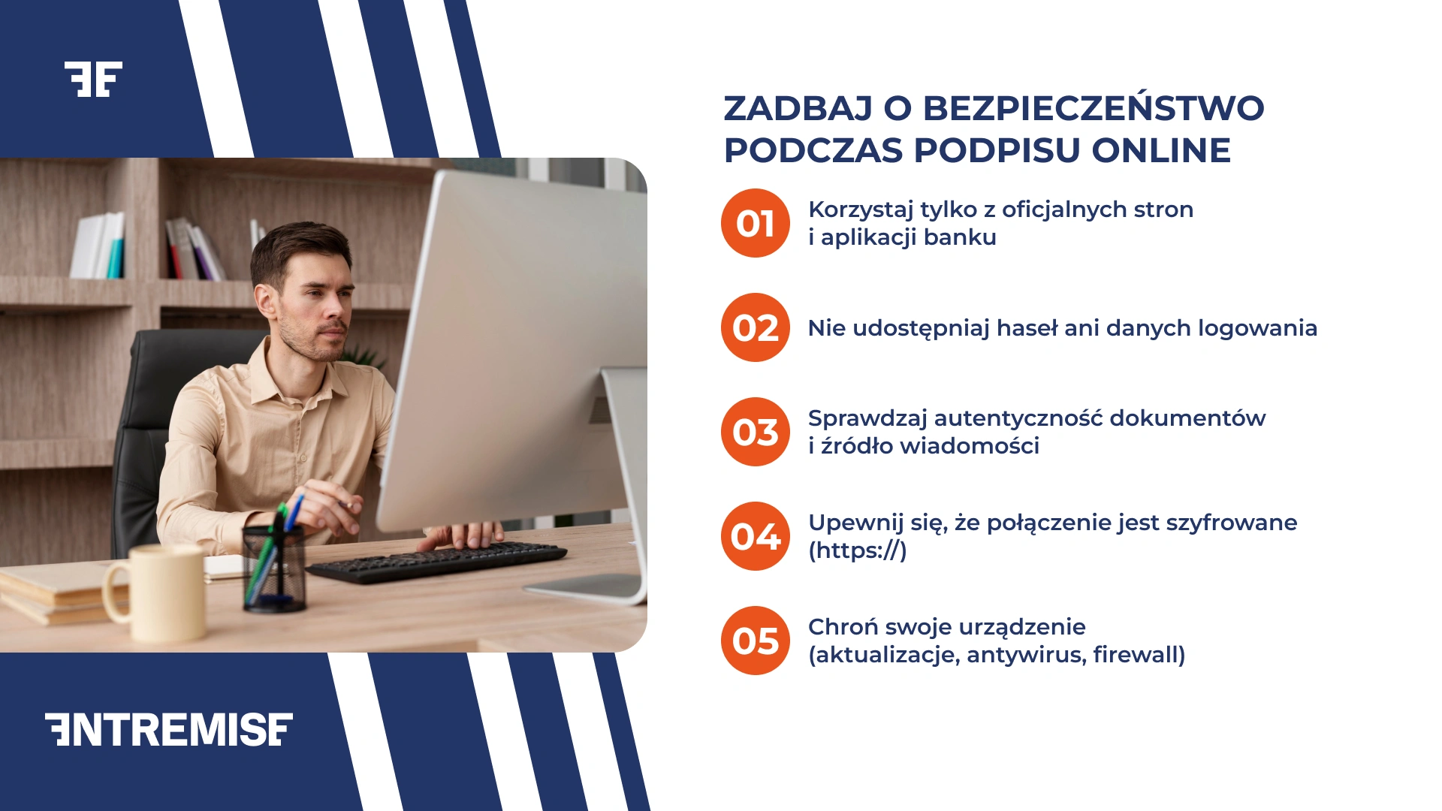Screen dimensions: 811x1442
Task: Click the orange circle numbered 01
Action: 755,223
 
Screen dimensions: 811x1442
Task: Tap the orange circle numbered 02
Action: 755,327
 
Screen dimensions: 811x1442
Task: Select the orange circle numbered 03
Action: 755,432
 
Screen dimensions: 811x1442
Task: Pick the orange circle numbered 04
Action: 755,536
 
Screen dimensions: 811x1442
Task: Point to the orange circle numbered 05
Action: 755,641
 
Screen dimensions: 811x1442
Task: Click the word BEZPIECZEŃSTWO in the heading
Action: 1093,108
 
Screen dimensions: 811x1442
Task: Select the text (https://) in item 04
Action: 857,550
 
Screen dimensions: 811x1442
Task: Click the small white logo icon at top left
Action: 93,79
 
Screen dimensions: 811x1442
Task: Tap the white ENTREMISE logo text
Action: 169,729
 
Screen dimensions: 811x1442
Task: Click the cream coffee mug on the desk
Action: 161,593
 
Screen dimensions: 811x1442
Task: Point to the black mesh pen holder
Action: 274,571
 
